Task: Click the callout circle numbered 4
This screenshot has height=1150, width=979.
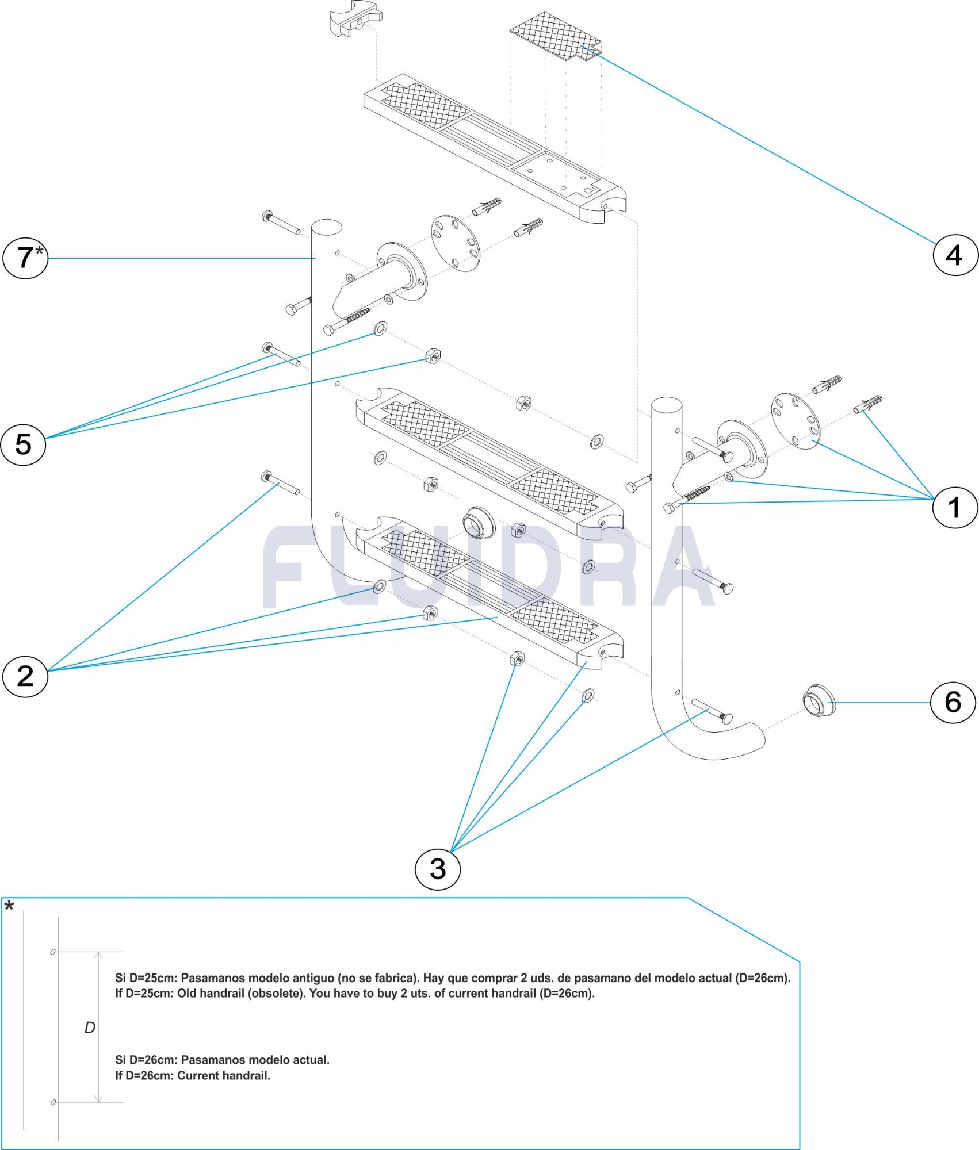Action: pos(955,255)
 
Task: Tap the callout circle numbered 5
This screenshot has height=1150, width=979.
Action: pos(23,444)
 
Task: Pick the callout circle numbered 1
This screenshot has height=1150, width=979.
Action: pos(955,507)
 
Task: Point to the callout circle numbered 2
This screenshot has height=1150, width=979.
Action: pos(25,676)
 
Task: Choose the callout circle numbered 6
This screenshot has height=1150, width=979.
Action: pos(953,702)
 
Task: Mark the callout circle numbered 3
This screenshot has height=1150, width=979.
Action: pos(438,869)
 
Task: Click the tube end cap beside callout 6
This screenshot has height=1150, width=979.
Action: pos(819,701)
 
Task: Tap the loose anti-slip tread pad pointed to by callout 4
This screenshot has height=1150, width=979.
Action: pos(556,36)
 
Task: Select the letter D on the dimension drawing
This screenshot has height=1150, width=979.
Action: pos(90,1028)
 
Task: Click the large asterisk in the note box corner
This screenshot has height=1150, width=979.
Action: pos(9,907)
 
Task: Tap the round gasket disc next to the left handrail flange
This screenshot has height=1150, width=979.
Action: pos(456,244)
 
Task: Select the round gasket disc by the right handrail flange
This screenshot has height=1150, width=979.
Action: pos(796,421)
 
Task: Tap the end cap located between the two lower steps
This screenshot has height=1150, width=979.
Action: pos(478,522)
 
